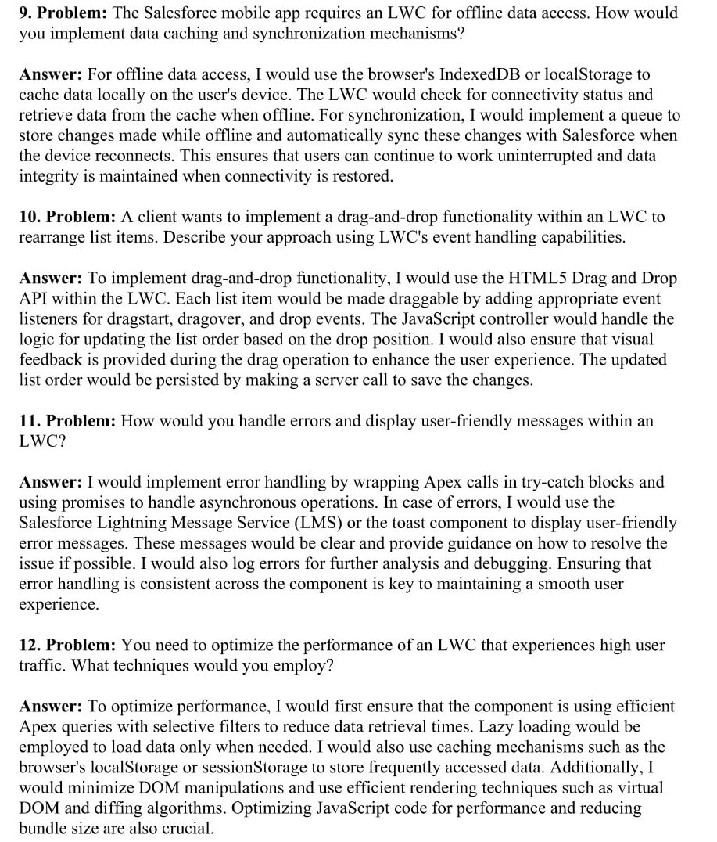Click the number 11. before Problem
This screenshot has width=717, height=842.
pyautogui.click(x=29, y=421)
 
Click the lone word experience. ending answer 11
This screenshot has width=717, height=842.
pyautogui.click(x=59, y=604)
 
